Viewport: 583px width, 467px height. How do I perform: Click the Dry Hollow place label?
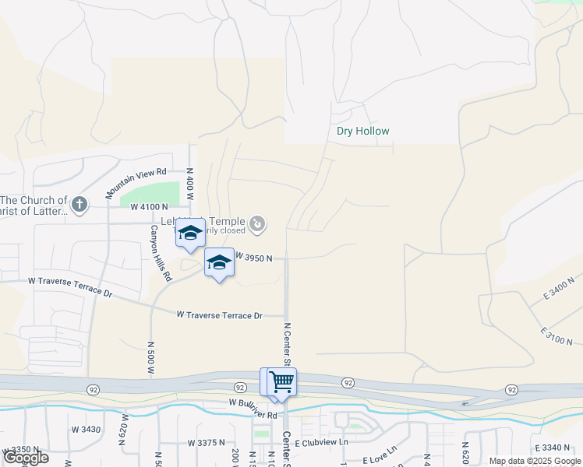click(362, 132)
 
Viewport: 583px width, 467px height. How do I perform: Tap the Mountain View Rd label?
click(136, 183)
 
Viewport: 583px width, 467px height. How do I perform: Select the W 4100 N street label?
click(150, 207)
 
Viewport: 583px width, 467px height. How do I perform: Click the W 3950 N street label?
click(253, 258)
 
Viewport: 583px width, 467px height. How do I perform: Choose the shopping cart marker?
click(281, 381)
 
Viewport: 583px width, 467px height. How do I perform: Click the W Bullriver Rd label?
click(253, 403)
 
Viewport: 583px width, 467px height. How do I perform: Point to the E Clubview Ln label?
click(320, 442)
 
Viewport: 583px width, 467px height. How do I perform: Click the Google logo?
click(26, 458)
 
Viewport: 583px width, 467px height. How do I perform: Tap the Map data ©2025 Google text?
click(534, 461)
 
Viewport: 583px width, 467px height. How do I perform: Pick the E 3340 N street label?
click(554, 448)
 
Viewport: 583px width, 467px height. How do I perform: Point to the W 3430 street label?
click(87, 430)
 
